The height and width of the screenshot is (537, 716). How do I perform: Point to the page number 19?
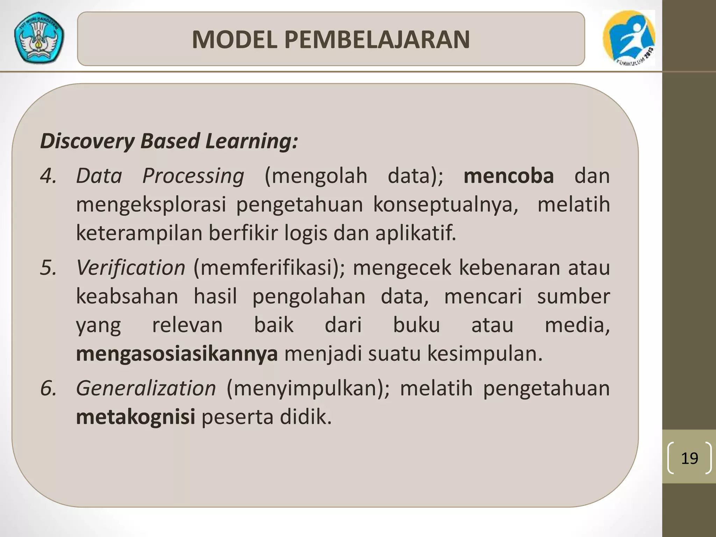pos(689,458)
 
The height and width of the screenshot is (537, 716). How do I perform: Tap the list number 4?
pos(48,176)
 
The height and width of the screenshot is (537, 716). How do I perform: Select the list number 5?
pos(48,268)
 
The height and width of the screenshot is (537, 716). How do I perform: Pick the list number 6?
pos(48,388)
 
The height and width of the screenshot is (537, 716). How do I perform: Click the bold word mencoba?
pos(509,176)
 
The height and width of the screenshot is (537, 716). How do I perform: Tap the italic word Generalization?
pos(146,388)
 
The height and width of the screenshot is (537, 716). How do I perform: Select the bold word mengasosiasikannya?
pos(177,354)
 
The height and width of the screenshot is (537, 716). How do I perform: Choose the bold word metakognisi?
pos(136,417)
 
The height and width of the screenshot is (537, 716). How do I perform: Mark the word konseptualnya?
pos(446,205)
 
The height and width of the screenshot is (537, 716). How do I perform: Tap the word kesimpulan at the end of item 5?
pos(485,354)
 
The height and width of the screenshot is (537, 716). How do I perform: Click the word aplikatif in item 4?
pos(416,233)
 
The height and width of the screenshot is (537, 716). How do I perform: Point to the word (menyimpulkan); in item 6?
pos(308,388)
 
